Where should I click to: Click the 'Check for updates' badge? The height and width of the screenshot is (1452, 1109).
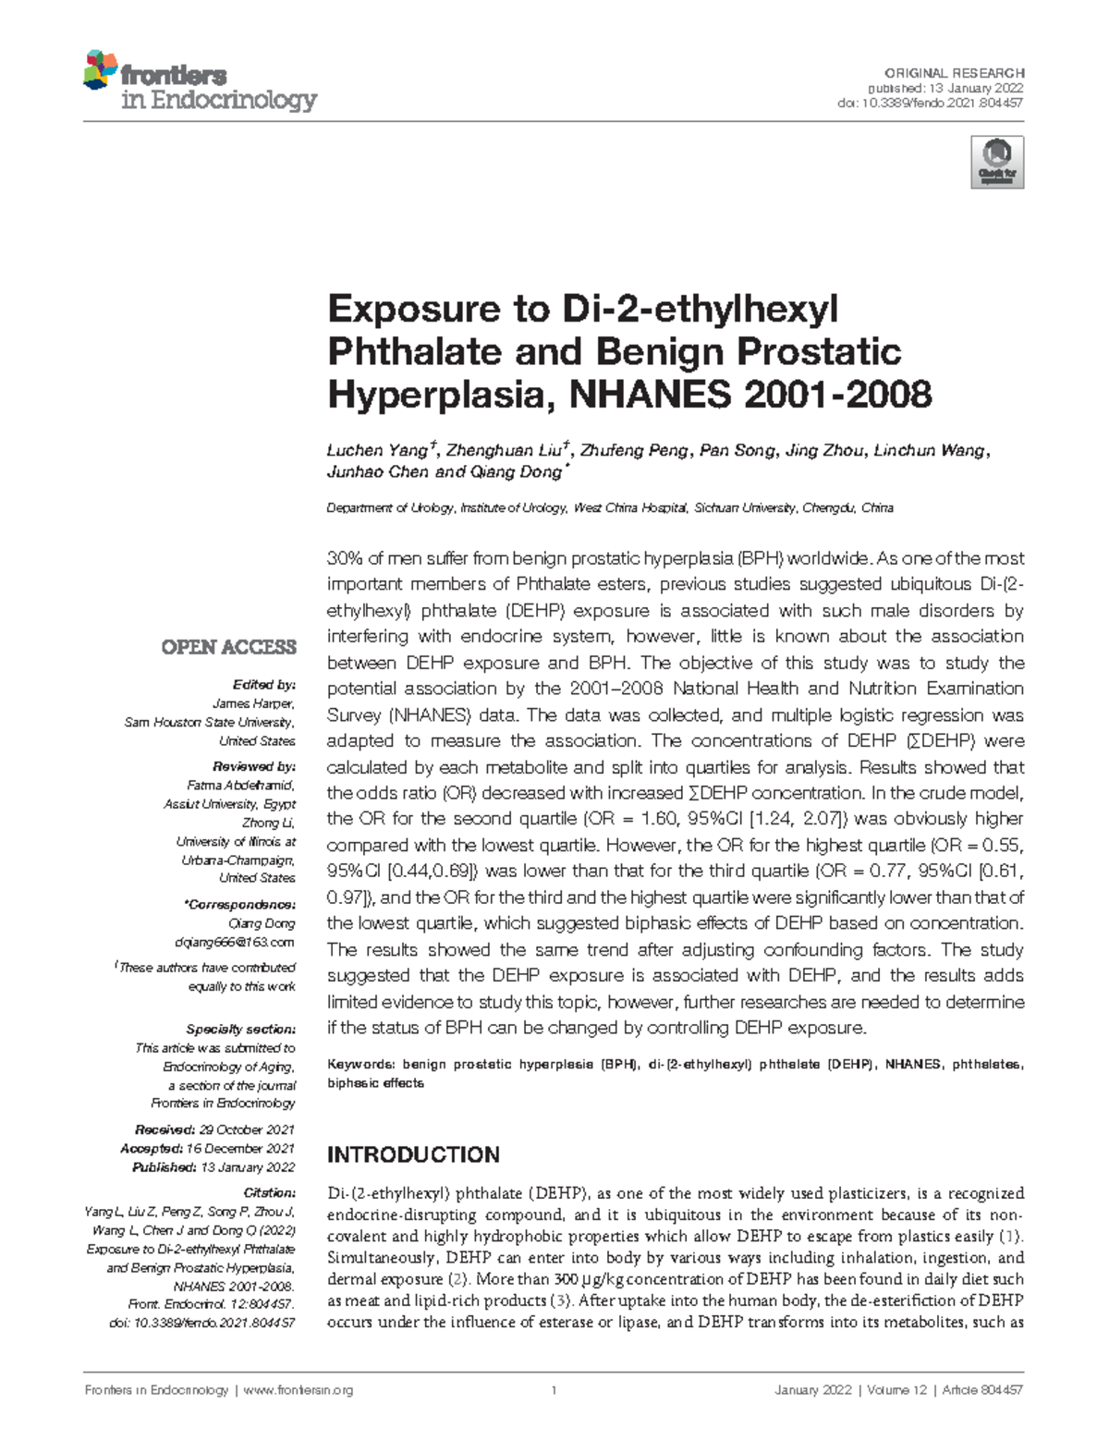click(997, 162)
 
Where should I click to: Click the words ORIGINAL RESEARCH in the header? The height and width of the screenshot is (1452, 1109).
click(954, 73)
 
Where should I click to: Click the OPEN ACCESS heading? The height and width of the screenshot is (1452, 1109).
click(228, 647)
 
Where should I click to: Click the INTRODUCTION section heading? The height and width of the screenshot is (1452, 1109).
click(413, 1154)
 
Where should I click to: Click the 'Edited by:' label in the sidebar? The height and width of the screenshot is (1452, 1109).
click(264, 685)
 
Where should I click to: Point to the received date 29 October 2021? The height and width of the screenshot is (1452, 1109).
click(247, 1129)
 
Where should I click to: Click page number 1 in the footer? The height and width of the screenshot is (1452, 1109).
click(554, 1390)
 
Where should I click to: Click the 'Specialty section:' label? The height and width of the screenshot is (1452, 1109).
click(240, 1029)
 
